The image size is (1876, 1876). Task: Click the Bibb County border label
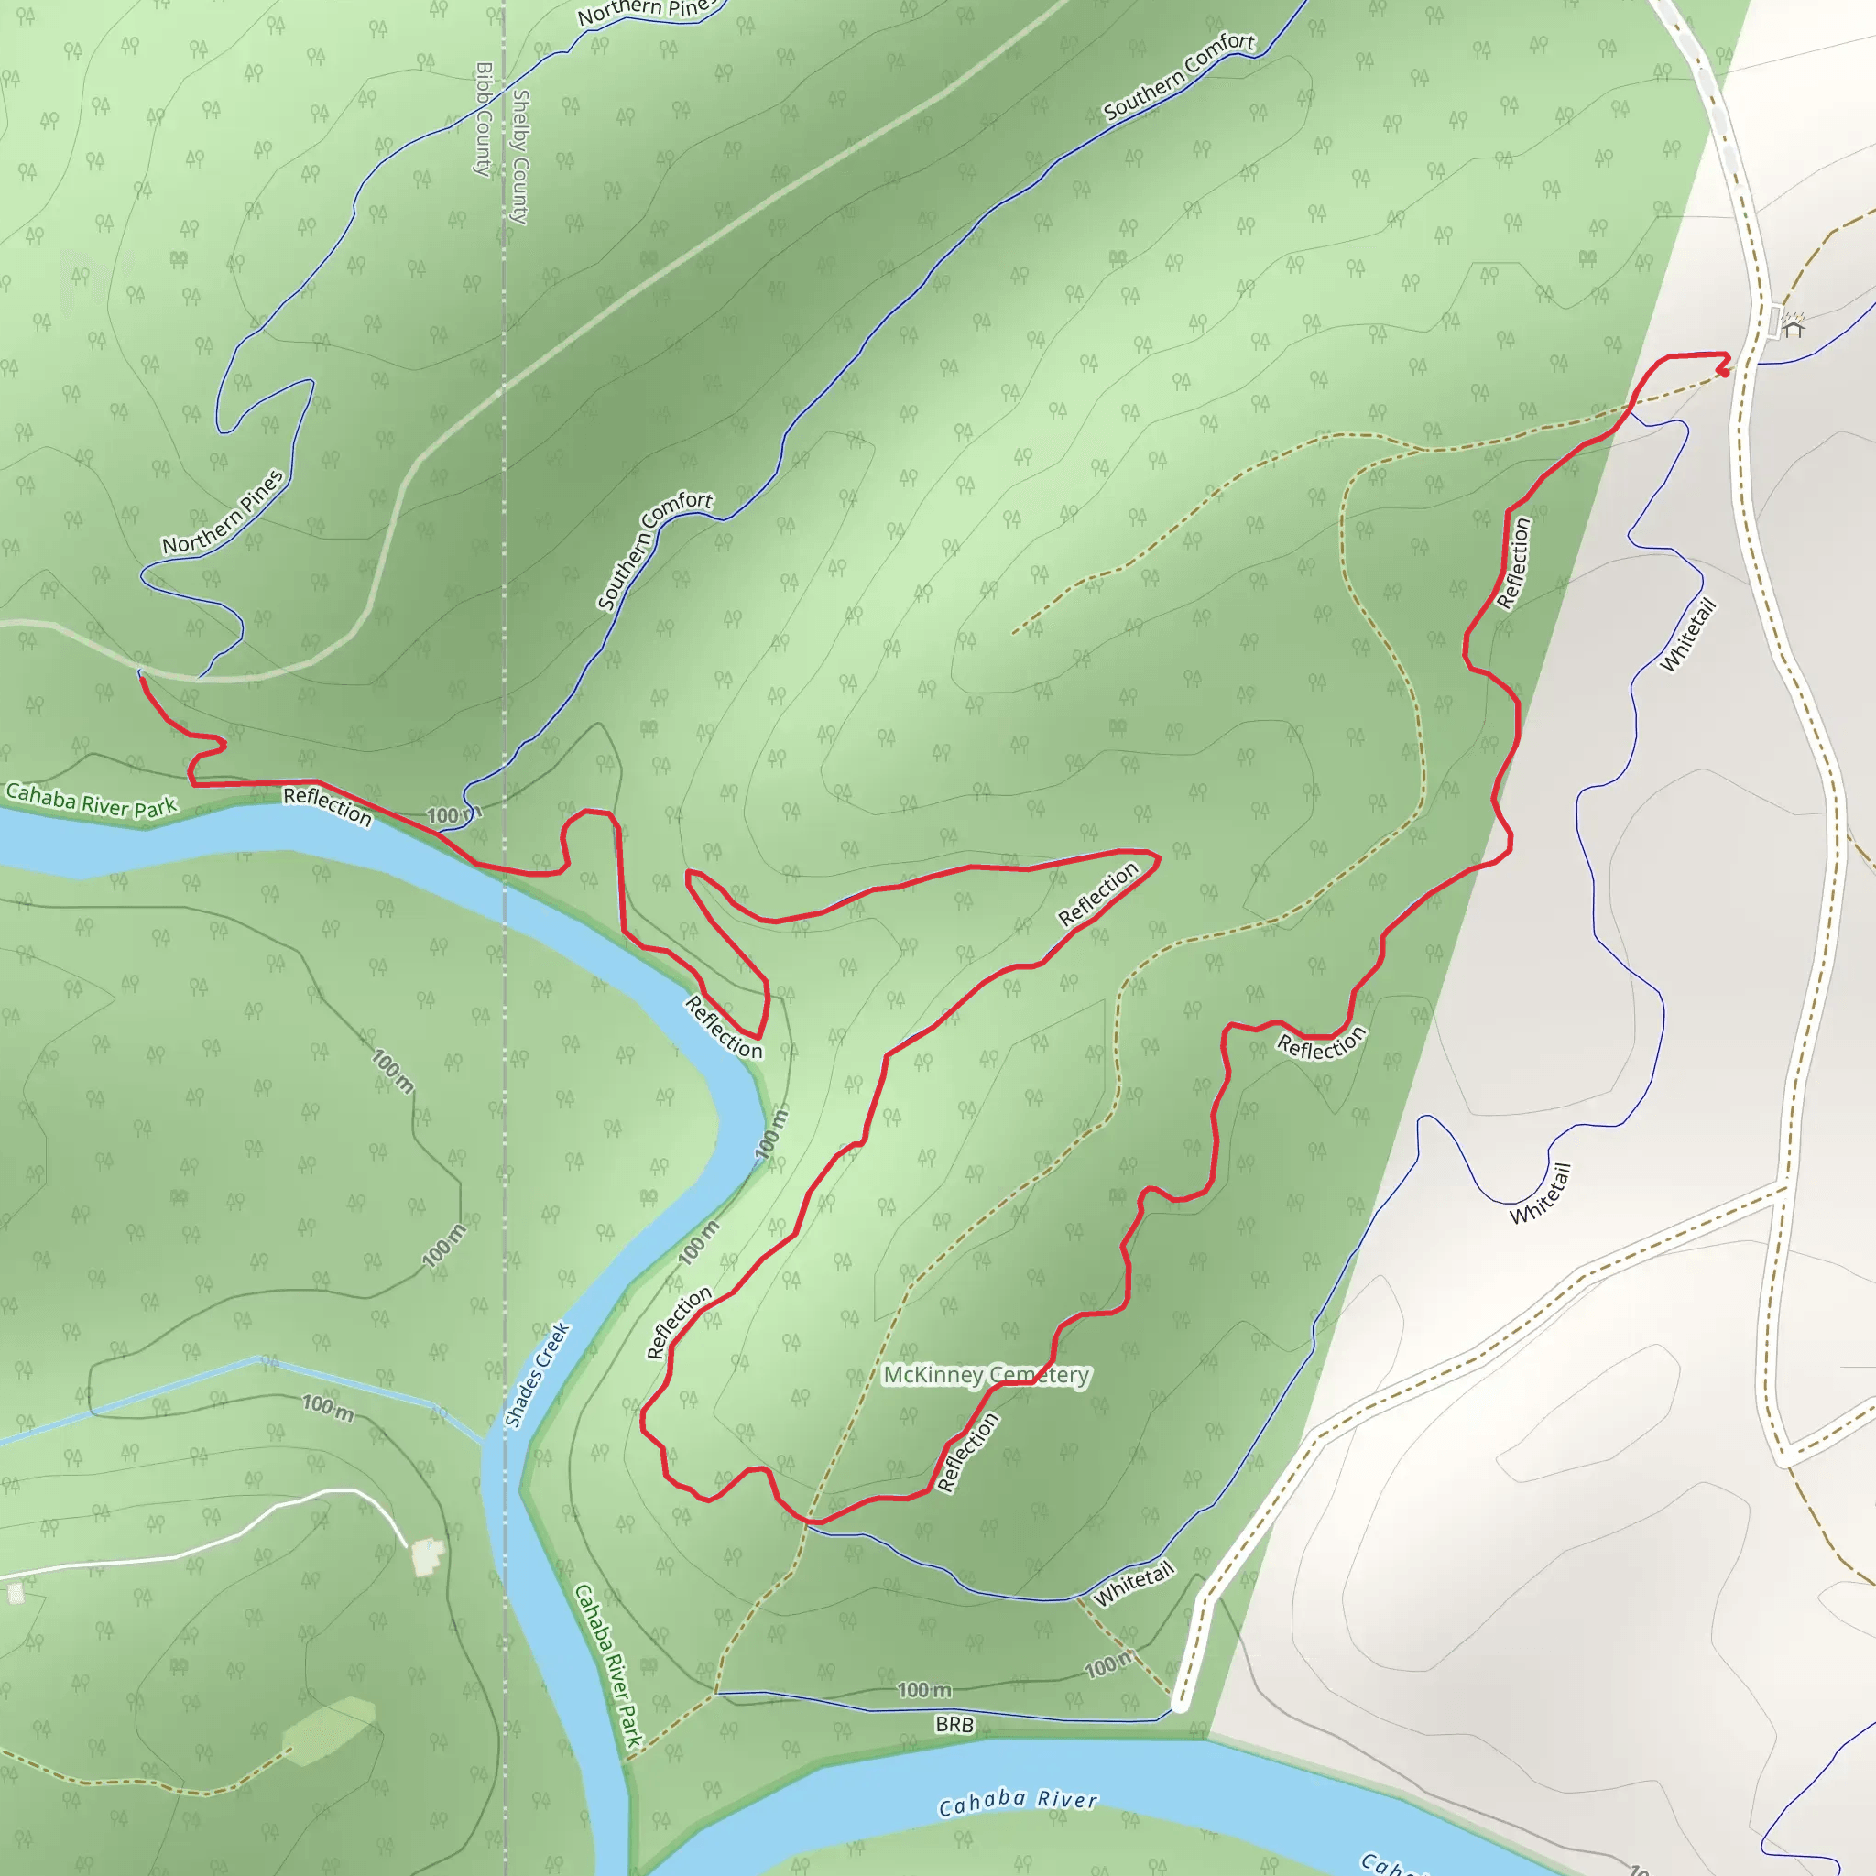point(484,120)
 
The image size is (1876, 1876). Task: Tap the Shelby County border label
point(520,158)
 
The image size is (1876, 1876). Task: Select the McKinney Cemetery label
point(987,1375)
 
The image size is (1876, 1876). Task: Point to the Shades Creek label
point(537,1375)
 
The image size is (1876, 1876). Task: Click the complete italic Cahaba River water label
point(1017,1802)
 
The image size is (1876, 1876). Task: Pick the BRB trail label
point(954,1725)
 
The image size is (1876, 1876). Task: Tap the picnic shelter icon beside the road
point(1793,326)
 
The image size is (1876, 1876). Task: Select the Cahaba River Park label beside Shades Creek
point(608,1666)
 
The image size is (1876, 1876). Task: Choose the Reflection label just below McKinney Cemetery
point(967,1453)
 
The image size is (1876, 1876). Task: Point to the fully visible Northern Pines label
point(224,512)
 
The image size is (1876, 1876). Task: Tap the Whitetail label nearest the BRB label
point(1134,1585)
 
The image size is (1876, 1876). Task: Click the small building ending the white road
point(427,1556)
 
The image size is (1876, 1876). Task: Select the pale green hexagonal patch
point(328,1730)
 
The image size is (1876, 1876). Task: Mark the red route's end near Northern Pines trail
point(142,678)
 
